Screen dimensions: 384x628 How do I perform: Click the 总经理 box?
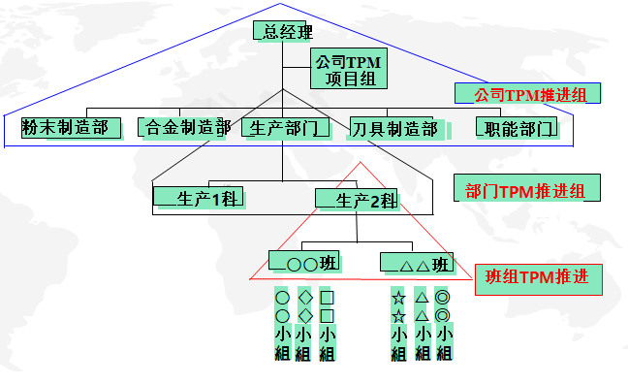[x=283, y=31]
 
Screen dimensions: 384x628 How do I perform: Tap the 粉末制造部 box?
[x=72, y=127]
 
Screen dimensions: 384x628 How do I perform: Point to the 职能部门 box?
[x=517, y=127]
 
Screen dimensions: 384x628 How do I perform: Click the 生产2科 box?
[x=357, y=201]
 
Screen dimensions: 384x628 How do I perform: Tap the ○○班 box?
[x=307, y=262]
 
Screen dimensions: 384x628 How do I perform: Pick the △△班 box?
[x=417, y=263]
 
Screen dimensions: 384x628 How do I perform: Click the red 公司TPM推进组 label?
[x=527, y=93]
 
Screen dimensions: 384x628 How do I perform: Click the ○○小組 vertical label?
[x=282, y=326]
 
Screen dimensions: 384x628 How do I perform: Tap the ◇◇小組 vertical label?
[x=304, y=326]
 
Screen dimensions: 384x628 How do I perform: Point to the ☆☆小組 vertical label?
[x=397, y=326]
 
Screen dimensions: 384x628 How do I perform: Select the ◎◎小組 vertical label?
[x=443, y=326]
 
